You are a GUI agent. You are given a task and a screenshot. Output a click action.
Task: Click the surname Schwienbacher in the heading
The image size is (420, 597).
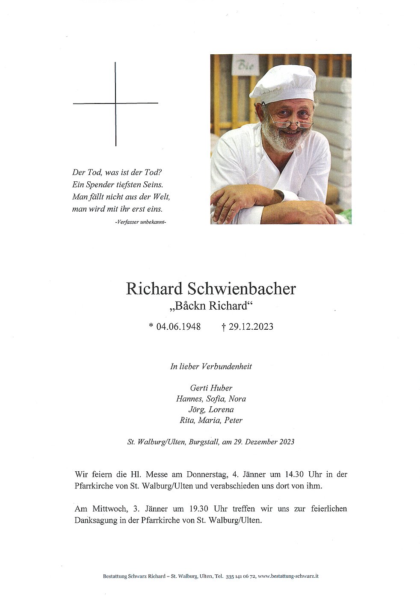(x=242, y=289)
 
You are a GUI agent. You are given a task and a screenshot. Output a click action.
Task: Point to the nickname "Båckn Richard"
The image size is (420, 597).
(x=210, y=306)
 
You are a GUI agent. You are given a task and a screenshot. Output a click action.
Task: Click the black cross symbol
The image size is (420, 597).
(x=115, y=103)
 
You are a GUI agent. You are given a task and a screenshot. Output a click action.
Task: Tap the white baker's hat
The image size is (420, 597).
(x=283, y=84)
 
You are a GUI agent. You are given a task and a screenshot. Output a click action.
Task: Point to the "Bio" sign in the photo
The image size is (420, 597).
(x=245, y=65)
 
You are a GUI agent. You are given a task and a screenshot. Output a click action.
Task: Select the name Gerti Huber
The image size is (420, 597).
(x=211, y=388)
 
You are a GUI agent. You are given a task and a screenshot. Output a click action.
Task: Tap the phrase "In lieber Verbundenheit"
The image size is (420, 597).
(x=211, y=366)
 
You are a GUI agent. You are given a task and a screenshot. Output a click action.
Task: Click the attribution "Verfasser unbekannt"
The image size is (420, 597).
(x=140, y=222)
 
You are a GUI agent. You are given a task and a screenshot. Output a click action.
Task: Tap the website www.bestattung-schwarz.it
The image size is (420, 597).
(x=288, y=576)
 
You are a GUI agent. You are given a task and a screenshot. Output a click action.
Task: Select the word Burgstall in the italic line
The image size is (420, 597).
(x=204, y=442)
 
